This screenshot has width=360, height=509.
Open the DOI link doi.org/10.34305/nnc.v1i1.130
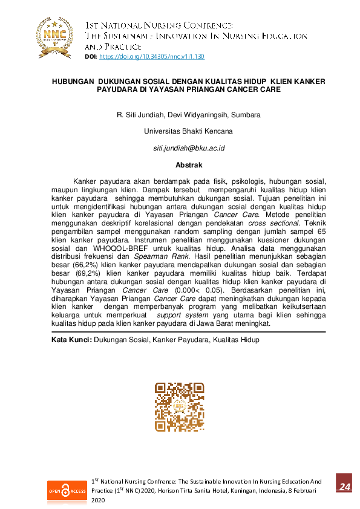(152, 56)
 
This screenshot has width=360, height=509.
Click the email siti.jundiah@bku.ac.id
(189, 148)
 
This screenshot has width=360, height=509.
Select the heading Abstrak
(189, 164)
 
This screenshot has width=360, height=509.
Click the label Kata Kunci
(71, 340)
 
